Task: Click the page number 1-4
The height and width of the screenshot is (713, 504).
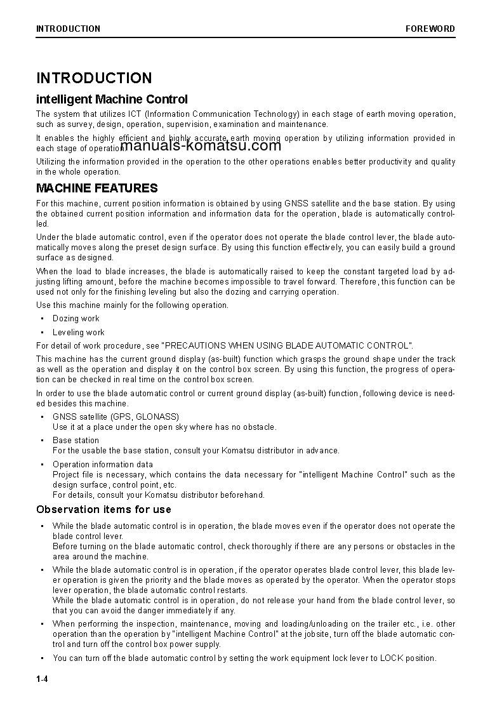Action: (x=43, y=679)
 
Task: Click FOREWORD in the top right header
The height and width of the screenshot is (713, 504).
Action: (x=430, y=29)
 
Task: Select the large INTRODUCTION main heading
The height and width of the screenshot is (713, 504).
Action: (x=94, y=78)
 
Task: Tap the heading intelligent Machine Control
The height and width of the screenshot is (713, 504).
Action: (x=112, y=99)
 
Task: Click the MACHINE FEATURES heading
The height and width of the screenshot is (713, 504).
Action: (x=96, y=188)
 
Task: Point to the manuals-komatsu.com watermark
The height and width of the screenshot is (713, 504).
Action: (x=200, y=145)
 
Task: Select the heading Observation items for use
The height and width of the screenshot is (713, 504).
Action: (x=103, y=509)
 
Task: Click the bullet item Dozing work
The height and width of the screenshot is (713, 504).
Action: (x=76, y=319)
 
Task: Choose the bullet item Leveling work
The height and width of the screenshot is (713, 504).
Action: (x=78, y=332)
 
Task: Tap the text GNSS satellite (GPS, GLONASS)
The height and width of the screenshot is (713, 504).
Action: (x=116, y=416)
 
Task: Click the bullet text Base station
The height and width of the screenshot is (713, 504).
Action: (x=76, y=440)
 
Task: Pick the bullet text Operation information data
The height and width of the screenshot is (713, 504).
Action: (x=102, y=464)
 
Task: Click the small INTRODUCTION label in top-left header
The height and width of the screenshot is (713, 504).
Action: (x=68, y=29)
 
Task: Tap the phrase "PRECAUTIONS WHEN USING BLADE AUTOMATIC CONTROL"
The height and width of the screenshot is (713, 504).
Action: (x=287, y=345)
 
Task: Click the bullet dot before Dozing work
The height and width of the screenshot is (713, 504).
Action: (x=42, y=319)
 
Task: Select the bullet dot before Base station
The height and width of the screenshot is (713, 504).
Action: (x=42, y=440)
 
